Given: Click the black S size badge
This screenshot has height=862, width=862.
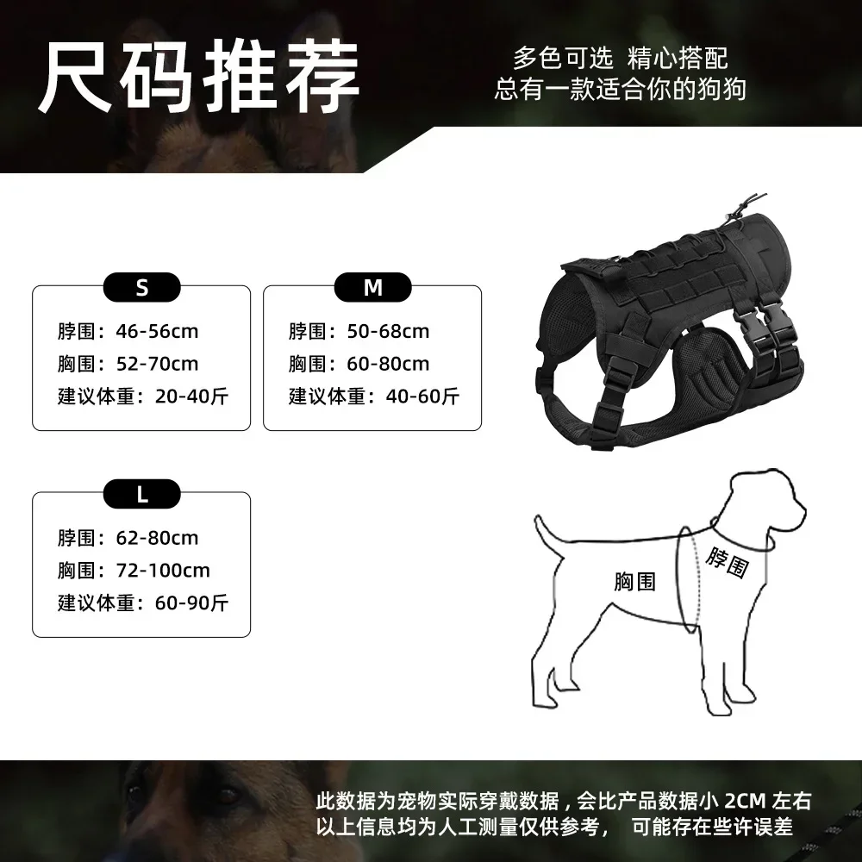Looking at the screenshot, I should click(142, 288).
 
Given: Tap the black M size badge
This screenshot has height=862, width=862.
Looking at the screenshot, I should click(372, 288).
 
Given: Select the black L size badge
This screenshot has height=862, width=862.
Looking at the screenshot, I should click(142, 494).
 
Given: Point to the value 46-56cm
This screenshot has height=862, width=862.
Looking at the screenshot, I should click(157, 331).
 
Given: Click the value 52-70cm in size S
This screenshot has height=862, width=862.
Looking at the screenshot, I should click(157, 364).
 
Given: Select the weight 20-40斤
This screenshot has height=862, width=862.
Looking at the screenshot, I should click(191, 397).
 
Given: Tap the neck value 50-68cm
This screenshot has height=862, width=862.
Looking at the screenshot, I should click(388, 331).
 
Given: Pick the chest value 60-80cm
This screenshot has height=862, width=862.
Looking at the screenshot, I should click(388, 364).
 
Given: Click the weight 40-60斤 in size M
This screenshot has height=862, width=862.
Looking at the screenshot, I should click(422, 397).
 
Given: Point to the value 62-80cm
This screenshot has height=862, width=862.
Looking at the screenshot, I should click(157, 538).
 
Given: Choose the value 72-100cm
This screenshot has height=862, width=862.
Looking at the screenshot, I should click(163, 571).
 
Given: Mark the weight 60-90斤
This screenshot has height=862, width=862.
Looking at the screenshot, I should click(191, 603).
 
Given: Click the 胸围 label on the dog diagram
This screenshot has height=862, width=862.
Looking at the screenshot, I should click(635, 582).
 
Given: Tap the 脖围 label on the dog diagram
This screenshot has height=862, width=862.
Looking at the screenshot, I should click(727, 563).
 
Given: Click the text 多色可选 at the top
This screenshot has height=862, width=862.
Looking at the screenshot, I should click(563, 59).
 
